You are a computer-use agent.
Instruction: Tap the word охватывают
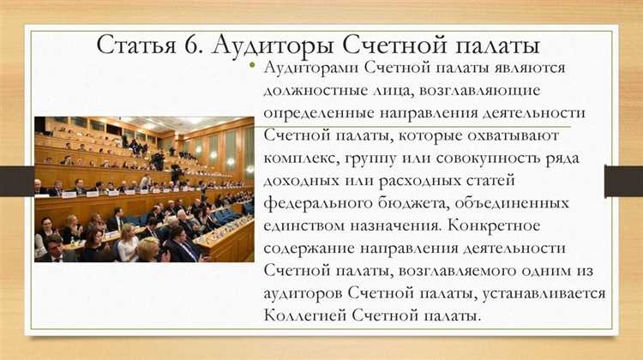512,135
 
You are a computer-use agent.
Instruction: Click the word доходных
303,181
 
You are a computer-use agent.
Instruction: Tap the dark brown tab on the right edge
623,180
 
